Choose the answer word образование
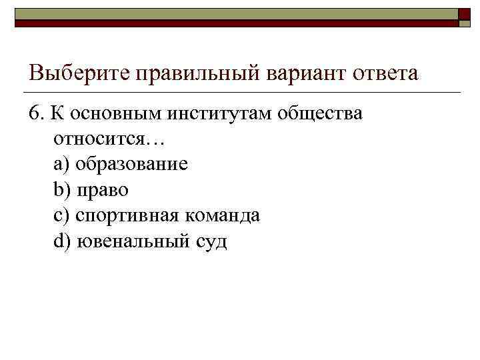pos(132,164)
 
